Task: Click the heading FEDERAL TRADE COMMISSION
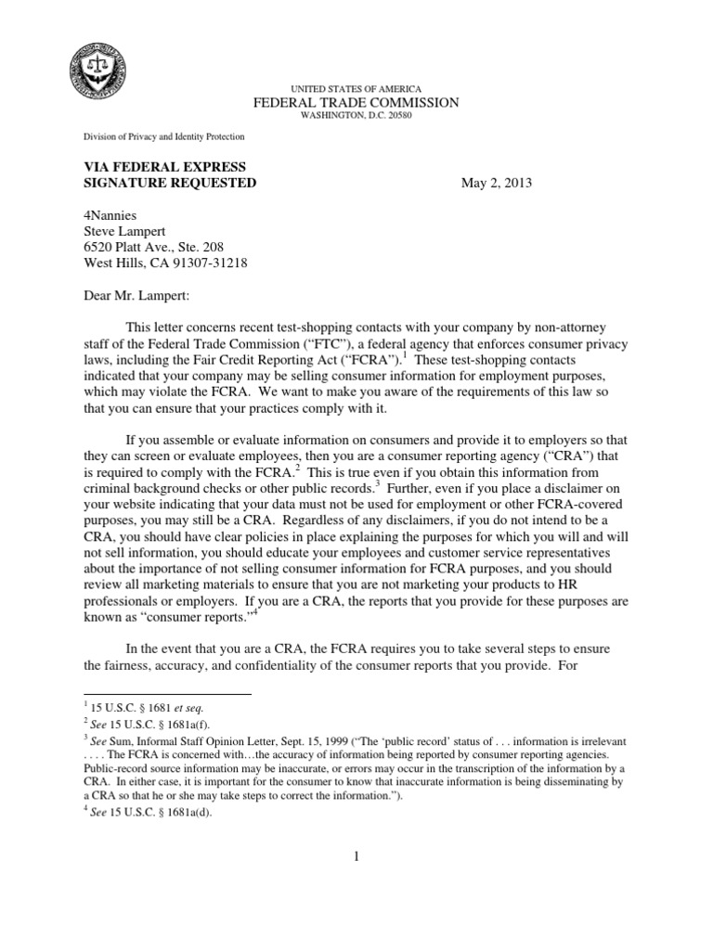[356, 102]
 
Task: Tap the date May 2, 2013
[497, 184]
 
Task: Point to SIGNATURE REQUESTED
[170, 184]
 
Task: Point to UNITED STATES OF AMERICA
[356, 87]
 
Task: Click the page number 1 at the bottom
[356, 856]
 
